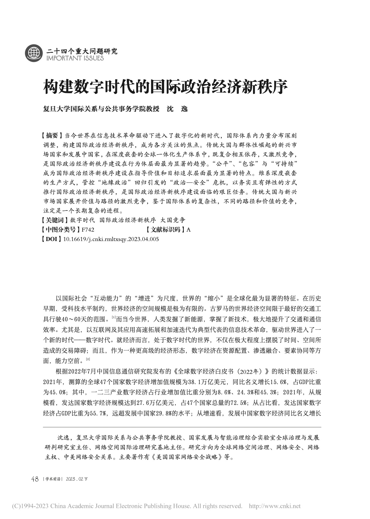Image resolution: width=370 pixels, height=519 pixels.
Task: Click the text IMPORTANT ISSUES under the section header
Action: [x=75, y=58]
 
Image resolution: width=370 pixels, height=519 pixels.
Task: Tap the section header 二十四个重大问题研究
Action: [x=82, y=51]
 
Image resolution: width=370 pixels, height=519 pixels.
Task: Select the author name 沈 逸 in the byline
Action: [x=177, y=109]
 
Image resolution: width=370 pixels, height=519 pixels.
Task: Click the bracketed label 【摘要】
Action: [x=52, y=135]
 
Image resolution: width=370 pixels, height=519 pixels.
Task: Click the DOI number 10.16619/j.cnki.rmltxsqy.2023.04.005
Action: [x=111, y=239]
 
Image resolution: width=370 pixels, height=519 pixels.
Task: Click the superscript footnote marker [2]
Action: [x=88, y=359]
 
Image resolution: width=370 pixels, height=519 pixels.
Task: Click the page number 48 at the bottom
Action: [x=35, y=479]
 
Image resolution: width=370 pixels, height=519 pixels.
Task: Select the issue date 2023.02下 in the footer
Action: [x=77, y=479]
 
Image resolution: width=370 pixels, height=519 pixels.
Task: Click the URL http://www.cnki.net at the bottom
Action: [x=275, y=506]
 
